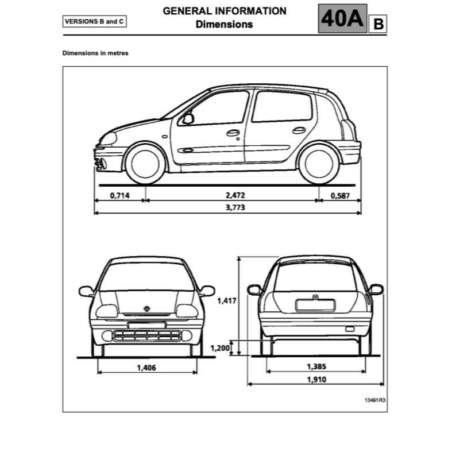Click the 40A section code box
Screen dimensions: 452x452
(342, 18)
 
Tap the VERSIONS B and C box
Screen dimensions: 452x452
(95, 22)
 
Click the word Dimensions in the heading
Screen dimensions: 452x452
(224, 25)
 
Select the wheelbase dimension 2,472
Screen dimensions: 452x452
(235, 195)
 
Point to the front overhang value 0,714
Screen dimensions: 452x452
(119, 196)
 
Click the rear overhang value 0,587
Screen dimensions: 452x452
(340, 196)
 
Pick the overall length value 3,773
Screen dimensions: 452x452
(235, 207)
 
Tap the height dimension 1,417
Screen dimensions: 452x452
(227, 301)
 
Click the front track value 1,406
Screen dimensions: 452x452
(146, 368)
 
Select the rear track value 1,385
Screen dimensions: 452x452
(316, 366)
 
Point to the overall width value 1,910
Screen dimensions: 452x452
(316, 380)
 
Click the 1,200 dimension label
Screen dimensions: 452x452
(220, 348)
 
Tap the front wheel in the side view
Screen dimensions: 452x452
(145, 164)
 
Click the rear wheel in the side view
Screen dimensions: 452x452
(319, 164)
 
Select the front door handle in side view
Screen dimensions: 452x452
(233, 133)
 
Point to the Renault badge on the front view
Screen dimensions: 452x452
(147, 309)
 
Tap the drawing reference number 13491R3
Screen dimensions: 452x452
(375, 400)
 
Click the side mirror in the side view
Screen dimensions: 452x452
(188, 118)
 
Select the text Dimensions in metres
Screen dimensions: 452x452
(95, 53)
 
